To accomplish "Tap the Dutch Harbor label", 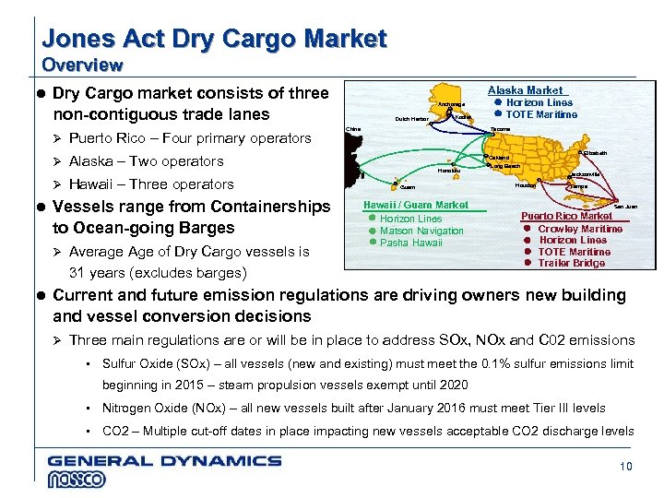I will pyautogui.click(x=411, y=119).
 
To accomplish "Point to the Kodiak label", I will pyautogui.click(x=463, y=117).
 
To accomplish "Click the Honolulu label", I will pyautogui.click(x=449, y=171).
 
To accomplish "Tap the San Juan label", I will pyautogui.click(x=624, y=206).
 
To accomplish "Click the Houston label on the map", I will pyautogui.click(x=524, y=184).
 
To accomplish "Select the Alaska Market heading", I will pyautogui.click(x=525, y=90).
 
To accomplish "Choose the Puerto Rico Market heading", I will pyautogui.click(x=566, y=216).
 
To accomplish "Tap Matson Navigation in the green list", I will pyautogui.click(x=421, y=231).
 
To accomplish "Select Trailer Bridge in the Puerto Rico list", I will pyautogui.click(x=572, y=263).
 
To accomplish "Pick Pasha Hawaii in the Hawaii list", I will pyautogui.click(x=411, y=243).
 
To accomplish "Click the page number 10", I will pyautogui.click(x=626, y=467).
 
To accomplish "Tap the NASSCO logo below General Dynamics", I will pyautogui.click(x=77, y=479).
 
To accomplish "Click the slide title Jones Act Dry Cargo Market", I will pyautogui.click(x=214, y=40).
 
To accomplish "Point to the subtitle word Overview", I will pyautogui.click(x=82, y=65).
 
